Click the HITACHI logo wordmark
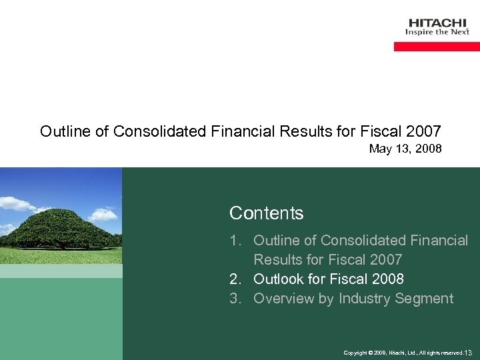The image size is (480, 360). coord(437,22)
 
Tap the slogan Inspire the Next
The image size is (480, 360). coord(437,32)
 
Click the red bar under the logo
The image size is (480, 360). coord(437,47)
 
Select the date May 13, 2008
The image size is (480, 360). coord(405,149)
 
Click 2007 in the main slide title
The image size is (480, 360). coord(423,131)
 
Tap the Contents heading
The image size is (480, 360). coord(266,213)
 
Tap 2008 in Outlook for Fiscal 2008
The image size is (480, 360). coord(387,279)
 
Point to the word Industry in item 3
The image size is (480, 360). coord(364,298)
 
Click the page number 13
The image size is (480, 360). coord(467,352)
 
